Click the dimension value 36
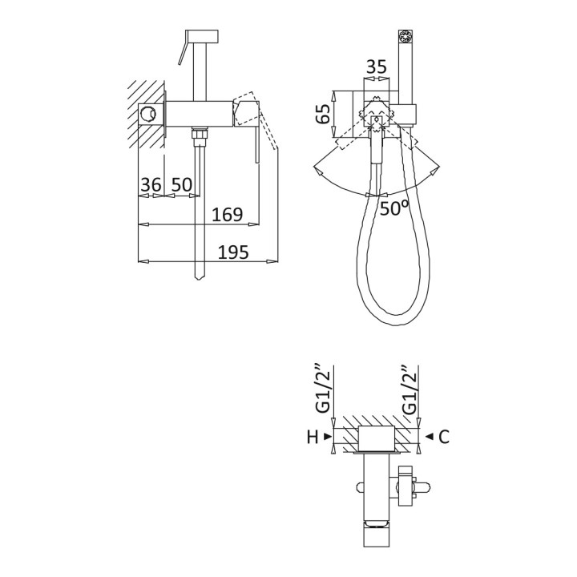(x=151, y=184)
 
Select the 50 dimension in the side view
(x=182, y=184)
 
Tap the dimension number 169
(x=228, y=215)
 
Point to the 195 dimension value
(x=233, y=252)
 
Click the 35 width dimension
(x=377, y=67)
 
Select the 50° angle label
(x=394, y=208)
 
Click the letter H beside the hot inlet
(x=313, y=438)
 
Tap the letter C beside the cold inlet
(x=444, y=437)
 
